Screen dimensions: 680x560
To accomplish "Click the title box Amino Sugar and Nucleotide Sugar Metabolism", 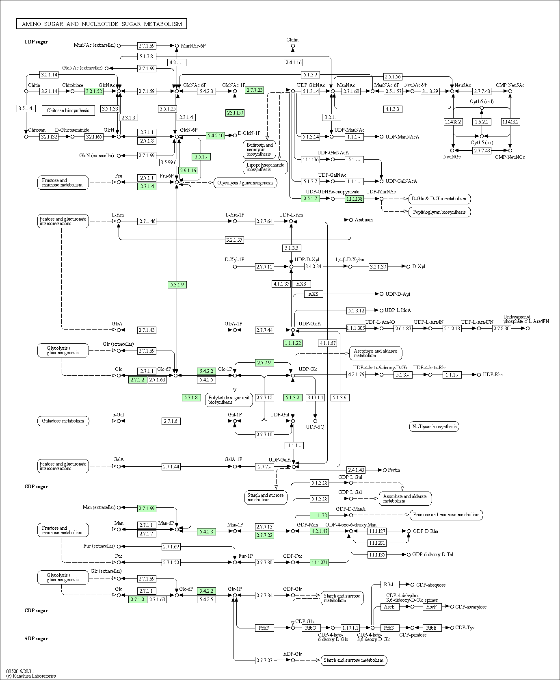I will click(102, 24).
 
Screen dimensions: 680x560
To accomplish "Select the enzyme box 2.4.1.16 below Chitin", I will click(293, 63).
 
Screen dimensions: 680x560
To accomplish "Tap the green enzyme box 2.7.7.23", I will click(255, 90).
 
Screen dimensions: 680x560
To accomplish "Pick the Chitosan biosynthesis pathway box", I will click(68, 110).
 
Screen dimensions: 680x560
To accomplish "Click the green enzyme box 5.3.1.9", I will click(177, 285).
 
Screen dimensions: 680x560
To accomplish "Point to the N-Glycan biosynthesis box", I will click(434, 427).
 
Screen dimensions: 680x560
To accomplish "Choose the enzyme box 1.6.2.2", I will click(482, 122).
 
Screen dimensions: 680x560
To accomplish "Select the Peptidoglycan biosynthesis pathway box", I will click(439, 212).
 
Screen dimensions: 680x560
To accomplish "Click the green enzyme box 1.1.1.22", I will click(293, 343).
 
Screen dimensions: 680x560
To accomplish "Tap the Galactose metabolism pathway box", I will click(63, 421).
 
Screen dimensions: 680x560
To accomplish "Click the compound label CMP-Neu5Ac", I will click(510, 85).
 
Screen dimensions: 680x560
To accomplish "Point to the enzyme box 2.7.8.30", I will click(502, 328).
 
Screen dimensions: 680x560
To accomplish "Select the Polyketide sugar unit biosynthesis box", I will click(229, 400).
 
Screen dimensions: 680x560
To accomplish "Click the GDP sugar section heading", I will click(36, 487).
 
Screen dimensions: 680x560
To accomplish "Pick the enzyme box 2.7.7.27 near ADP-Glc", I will click(264, 661).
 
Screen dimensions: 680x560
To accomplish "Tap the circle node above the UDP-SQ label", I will click(315, 421).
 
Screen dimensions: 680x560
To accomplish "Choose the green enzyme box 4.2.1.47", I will click(319, 531).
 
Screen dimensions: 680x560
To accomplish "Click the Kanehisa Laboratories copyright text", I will click(31, 676).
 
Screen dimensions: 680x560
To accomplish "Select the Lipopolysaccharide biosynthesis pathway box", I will click(265, 167).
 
